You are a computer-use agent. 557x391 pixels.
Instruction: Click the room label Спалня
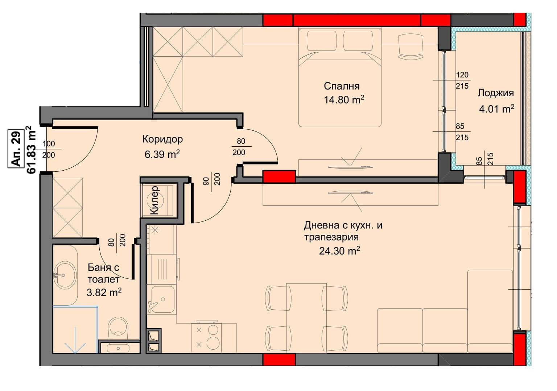pyautogui.click(x=342, y=86)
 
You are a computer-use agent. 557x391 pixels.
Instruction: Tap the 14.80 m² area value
pyautogui.click(x=344, y=99)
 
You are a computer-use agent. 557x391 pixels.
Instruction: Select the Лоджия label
pyautogui.click(x=496, y=93)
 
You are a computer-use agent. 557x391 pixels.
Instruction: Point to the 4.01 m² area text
pyautogui.click(x=496, y=109)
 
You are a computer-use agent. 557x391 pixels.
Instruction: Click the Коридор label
pyautogui.click(x=162, y=139)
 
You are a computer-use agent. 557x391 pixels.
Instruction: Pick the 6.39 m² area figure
pyautogui.click(x=162, y=154)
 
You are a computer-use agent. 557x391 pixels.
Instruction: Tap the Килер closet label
pyautogui.click(x=154, y=200)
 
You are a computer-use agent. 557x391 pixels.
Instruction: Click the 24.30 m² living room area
pyautogui.click(x=339, y=251)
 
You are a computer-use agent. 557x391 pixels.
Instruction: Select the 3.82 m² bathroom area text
pyautogui.click(x=104, y=292)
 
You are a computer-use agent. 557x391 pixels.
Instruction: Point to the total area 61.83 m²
pyautogui.click(x=32, y=150)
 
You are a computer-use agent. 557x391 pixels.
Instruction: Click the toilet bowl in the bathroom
pyautogui.click(x=118, y=327)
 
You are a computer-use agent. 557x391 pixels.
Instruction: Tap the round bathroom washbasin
pyautogui.click(x=65, y=275)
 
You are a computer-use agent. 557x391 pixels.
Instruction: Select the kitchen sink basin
pyautogui.click(x=162, y=299)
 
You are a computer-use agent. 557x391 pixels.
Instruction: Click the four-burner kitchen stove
pyautogui.click(x=206, y=338)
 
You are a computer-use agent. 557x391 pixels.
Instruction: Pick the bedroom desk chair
pyautogui.click(x=410, y=47)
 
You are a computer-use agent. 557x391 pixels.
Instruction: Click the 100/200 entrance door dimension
pyautogui.click(x=49, y=149)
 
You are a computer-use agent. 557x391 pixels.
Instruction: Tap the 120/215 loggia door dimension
pyautogui.click(x=462, y=80)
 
